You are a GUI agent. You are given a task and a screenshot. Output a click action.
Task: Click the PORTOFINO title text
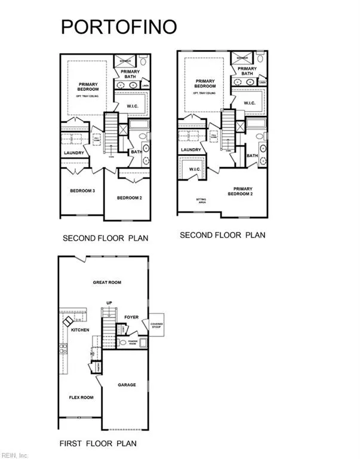point(118,27)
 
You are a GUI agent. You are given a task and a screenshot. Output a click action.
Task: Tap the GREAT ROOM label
point(107,282)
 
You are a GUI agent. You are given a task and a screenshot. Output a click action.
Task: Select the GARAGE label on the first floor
point(126,385)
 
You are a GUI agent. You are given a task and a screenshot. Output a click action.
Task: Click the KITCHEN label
point(80,329)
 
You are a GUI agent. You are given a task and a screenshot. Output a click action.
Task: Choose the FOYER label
point(131,317)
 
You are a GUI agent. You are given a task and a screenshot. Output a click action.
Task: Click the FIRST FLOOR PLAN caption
point(97,443)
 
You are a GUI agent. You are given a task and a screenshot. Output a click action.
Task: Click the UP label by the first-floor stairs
point(109,302)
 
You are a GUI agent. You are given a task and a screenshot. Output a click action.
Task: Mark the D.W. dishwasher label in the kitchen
point(78,320)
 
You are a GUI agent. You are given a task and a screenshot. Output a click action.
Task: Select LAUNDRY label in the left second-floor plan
point(74,153)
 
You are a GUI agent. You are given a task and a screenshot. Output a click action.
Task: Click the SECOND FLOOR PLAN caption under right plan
point(222,235)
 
